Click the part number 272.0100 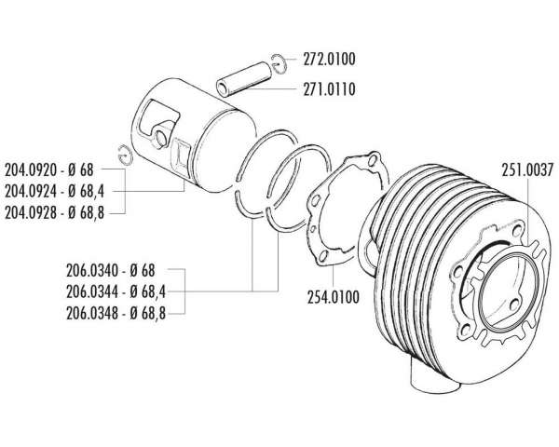coord(329,60)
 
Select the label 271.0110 coord(329,89)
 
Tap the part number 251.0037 coord(527,170)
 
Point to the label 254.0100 coord(333,297)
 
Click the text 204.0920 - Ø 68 coord(48,170)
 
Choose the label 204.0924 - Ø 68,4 coord(54,192)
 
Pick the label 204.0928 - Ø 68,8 coord(54,213)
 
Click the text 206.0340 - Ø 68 coord(111,271)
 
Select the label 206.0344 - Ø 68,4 coord(116,292)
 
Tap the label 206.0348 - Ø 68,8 coord(116,314)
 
